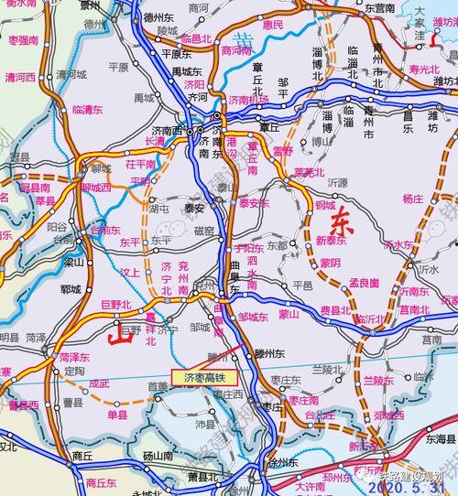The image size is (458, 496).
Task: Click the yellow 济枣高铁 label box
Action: tap(204, 376)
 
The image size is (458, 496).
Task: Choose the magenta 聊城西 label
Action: tap(95, 187)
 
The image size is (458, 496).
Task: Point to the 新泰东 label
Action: tap(332, 240)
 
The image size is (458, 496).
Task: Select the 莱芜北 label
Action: tap(310, 172)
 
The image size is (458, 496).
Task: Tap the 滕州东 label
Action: tap(249, 352)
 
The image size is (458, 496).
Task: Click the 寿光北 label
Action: tap(424, 68)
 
